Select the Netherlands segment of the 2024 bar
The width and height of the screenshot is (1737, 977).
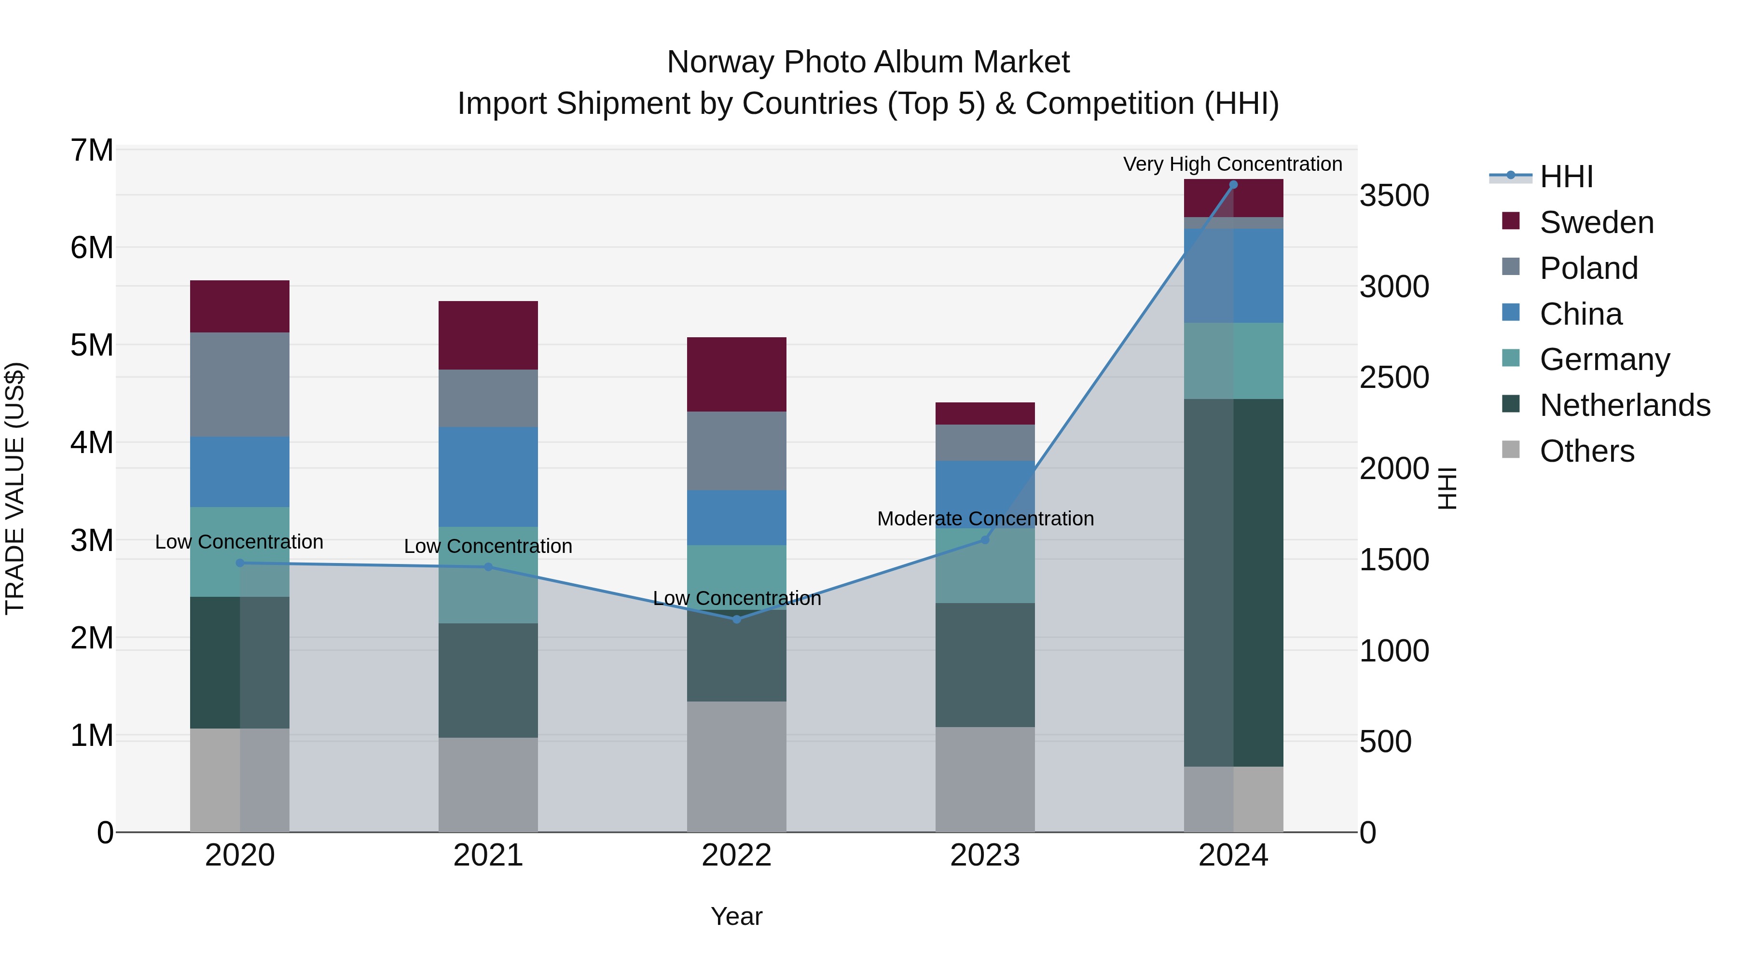tap(1233, 582)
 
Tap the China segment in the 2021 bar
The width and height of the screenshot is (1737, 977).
tap(488, 477)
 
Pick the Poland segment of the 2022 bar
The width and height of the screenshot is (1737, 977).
tap(736, 451)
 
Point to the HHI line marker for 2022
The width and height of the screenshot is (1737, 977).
tap(736, 619)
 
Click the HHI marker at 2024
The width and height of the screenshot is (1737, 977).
tap(1233, 185)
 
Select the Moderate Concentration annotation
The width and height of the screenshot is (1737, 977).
tap(985, 519)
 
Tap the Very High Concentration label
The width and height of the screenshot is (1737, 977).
tap(1233, 164)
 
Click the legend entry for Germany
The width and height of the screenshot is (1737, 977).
tap(1604, 359)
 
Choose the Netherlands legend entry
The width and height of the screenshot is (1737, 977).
tap(1625, 405)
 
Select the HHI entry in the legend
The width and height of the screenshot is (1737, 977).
tap(1566, 177)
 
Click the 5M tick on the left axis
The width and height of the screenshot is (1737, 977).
tap(92, 345)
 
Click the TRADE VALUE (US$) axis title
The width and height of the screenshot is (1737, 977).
tap(15, 488)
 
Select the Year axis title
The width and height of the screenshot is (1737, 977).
tap(736, 916)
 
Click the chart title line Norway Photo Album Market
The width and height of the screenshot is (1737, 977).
tap(868, 62)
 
